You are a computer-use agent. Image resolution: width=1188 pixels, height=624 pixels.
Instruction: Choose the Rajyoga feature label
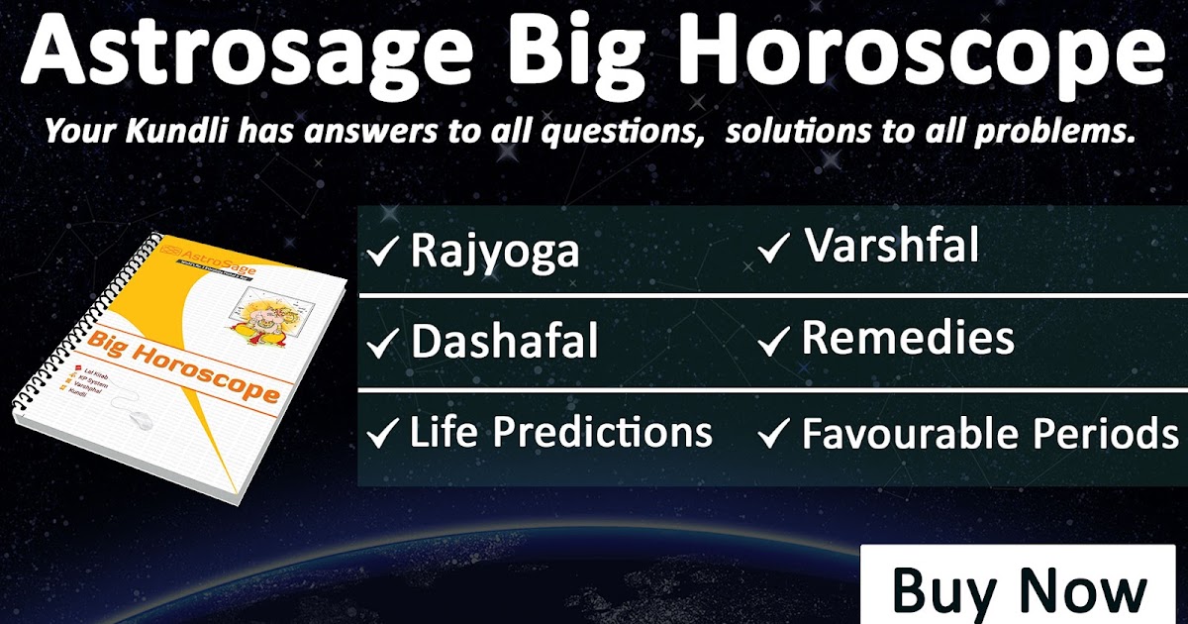(x=494, y=252)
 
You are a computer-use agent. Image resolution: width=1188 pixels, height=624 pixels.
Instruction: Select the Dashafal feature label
(x=504, y=342)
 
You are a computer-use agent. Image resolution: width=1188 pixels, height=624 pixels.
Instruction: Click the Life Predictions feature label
(x=560, y=433)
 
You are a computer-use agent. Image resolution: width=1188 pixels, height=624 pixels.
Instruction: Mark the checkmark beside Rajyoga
(x=382, y=254)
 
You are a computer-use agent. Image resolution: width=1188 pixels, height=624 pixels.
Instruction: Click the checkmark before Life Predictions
(x=382, y=434)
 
